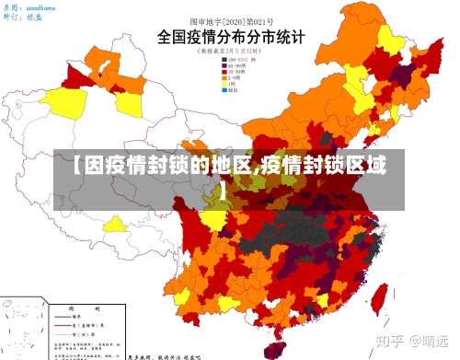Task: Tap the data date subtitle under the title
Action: point(229,52)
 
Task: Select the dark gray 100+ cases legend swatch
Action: point(223,61)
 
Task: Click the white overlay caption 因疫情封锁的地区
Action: point(230,168)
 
